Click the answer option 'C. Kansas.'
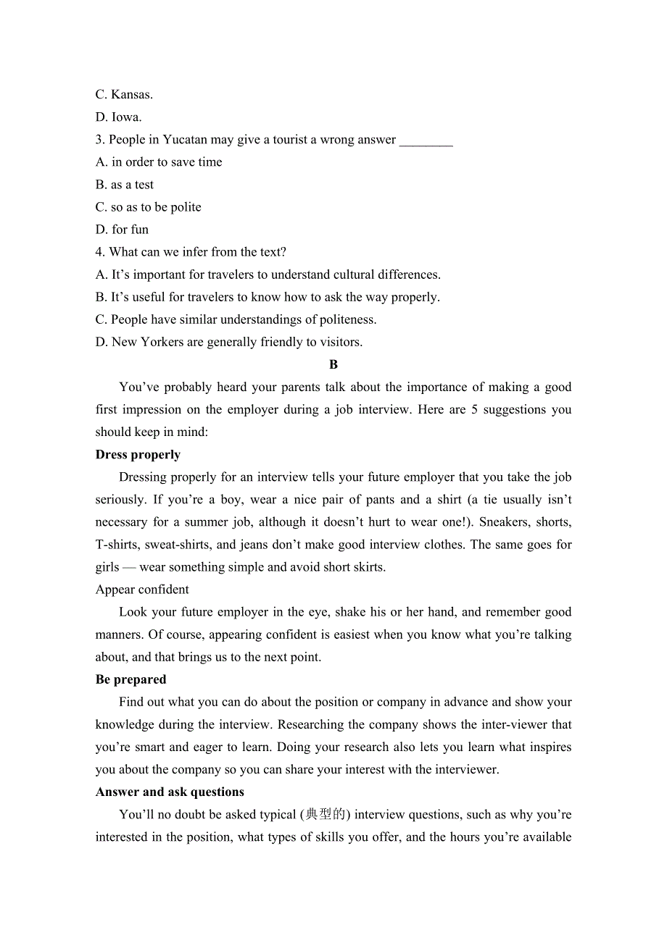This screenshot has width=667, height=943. pos(124,94)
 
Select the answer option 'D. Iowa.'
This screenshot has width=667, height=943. pos(119,117)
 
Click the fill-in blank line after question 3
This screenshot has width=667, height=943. pos(426,141)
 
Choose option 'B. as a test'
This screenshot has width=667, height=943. pos(125,185)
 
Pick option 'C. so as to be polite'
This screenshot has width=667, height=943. pos(149,207)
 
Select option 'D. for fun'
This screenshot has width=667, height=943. pos(122,230)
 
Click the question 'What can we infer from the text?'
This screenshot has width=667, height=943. pos(197,252)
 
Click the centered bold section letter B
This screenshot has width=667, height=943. pos(333,364)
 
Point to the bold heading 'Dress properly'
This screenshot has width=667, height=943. pos(138,455)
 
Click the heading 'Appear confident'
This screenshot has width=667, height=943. pos(142,590)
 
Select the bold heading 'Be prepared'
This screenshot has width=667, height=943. pos(130,679)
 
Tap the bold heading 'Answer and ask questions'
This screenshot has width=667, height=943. pos(170,792)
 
